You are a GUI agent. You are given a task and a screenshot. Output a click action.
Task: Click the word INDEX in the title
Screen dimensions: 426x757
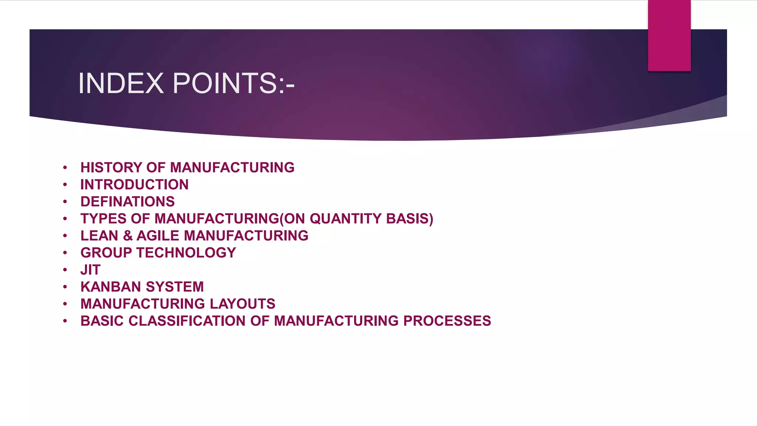(121, 83)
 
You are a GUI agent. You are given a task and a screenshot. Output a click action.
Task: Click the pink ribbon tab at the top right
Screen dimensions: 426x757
(669, 35)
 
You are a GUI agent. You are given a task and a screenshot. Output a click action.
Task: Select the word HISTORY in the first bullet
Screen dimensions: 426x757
(111, 168)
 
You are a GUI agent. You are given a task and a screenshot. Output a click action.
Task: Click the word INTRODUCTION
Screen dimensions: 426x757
(135, 185)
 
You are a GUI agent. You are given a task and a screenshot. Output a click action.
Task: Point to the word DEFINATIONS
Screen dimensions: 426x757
(128, 202)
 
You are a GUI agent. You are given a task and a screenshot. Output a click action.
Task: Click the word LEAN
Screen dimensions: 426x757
(99, 236)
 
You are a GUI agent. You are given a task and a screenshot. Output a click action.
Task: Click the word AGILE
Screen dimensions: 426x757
(158, 236)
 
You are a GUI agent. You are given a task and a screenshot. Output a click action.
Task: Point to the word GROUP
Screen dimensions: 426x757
(106, 253)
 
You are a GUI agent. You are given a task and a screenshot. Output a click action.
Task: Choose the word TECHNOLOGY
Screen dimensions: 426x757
(186, 253)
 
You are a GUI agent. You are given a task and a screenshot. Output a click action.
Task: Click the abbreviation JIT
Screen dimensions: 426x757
(91, 270)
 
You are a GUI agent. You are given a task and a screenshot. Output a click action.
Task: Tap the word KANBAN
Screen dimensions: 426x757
(111, 287)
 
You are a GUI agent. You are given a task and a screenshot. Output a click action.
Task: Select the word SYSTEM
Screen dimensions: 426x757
(175, 287)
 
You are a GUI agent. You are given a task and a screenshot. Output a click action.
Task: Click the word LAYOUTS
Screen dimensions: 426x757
(242, 304)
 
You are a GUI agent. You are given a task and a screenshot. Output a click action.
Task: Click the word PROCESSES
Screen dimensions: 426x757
(447, 321)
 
